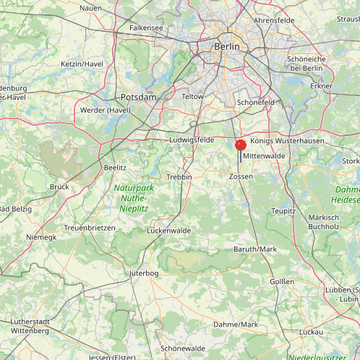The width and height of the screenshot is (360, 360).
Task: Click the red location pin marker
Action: (241, 145)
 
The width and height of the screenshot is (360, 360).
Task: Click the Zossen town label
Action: (241, 176)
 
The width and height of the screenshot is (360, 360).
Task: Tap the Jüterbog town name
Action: (143, 273)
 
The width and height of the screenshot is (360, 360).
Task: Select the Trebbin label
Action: (179, 176)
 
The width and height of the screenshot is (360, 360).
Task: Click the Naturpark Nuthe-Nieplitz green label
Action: (131, 197)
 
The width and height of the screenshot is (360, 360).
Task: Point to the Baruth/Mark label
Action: (254, 249)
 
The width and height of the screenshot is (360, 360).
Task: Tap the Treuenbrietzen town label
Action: (90, 227)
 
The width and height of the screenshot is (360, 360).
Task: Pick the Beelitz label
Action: (115, 166)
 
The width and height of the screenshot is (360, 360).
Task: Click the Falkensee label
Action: (146, 27)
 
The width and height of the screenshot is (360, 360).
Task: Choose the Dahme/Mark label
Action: (236, 325)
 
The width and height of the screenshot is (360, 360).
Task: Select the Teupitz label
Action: (283, 211)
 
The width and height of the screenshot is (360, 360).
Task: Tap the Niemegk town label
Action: (40, 236)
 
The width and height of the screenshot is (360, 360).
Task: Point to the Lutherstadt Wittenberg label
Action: (30, 326)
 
